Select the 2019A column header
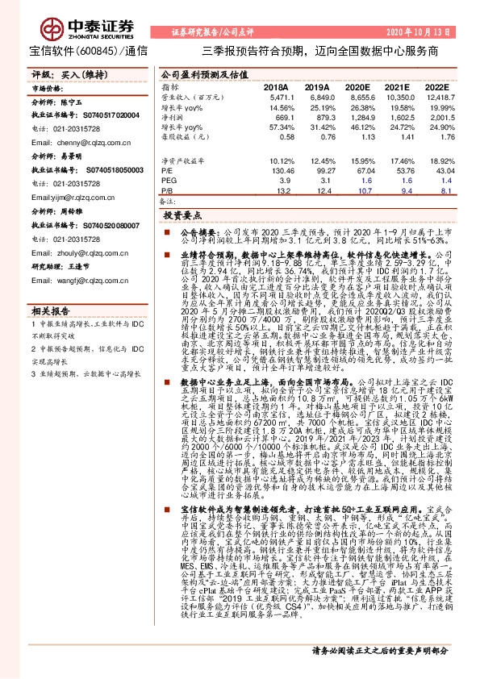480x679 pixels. point(316,85)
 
